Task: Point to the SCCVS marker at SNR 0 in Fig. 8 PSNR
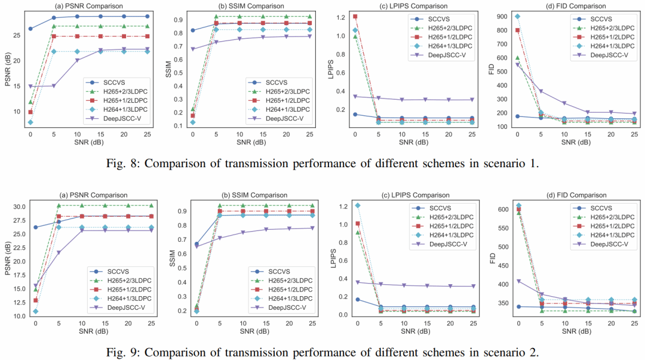30,29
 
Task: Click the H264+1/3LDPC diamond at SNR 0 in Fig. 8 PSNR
30,122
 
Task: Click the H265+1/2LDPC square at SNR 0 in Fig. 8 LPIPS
355,17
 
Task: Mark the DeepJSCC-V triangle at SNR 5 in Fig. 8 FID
540,91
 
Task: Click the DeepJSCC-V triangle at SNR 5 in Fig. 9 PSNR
59,253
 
